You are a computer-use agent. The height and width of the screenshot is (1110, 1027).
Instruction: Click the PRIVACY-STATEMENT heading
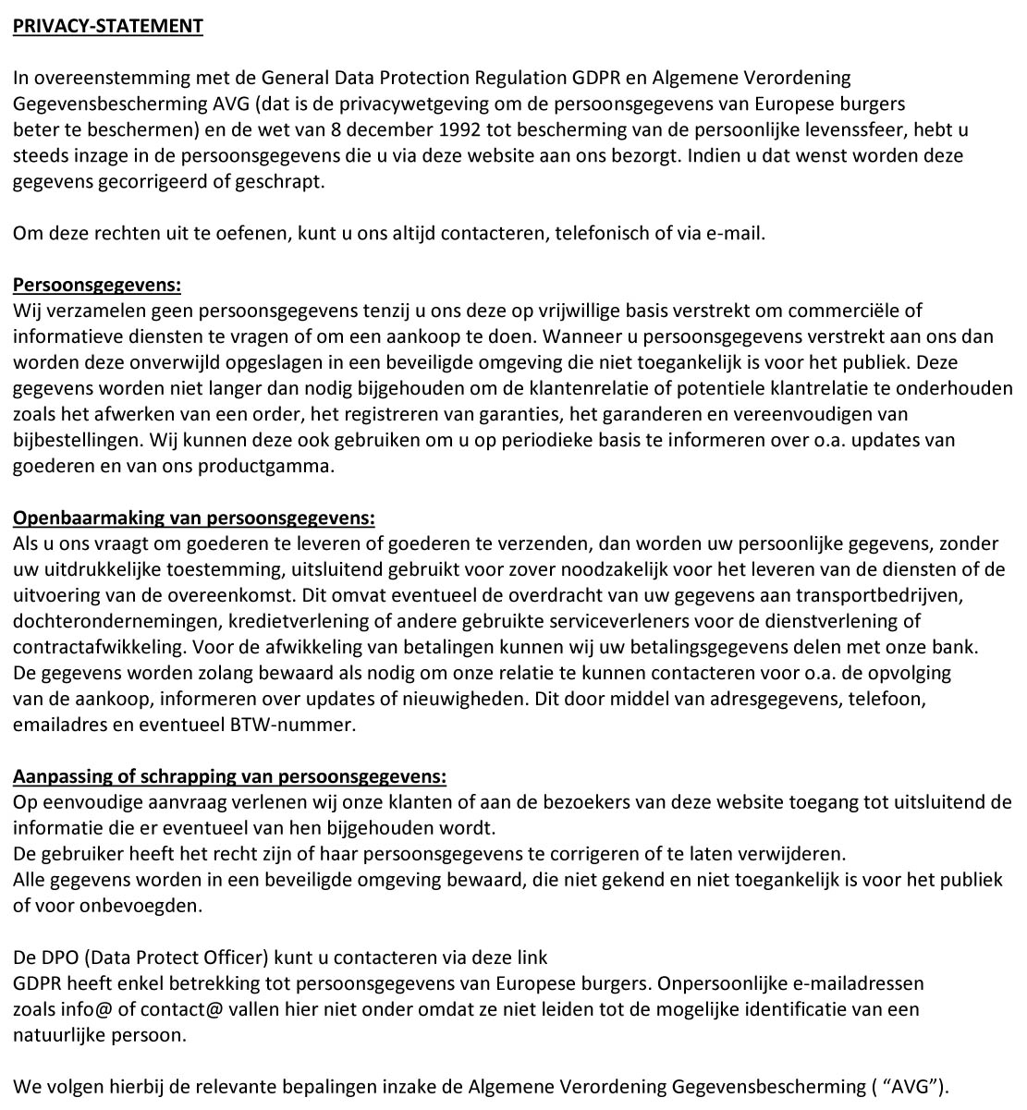coord(107,26)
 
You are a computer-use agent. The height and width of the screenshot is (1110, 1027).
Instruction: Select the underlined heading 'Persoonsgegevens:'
coord(96,285)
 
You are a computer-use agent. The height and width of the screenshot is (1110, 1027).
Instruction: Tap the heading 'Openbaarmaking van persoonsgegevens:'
coord(193,518)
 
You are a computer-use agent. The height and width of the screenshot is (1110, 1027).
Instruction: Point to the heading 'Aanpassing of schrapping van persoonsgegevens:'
coord(229,776)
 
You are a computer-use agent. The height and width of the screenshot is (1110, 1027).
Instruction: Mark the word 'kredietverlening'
coord(286,621)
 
